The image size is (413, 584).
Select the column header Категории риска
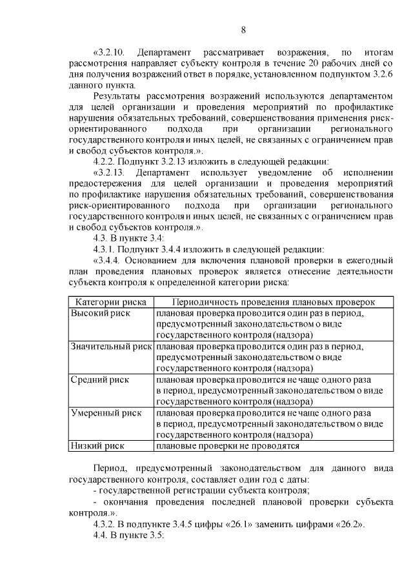point(111,302)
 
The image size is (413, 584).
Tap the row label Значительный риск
point(110,347)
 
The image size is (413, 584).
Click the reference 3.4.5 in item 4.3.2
point(186,525)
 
